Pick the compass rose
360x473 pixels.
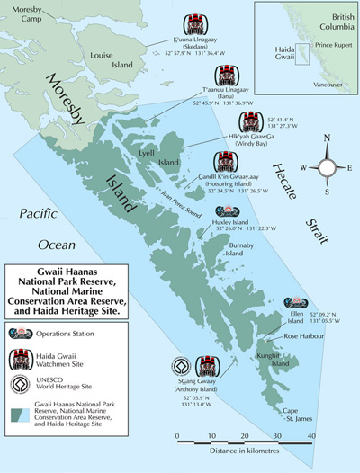coord(328,166)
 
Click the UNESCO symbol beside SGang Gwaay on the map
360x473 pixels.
coord(183,367)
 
